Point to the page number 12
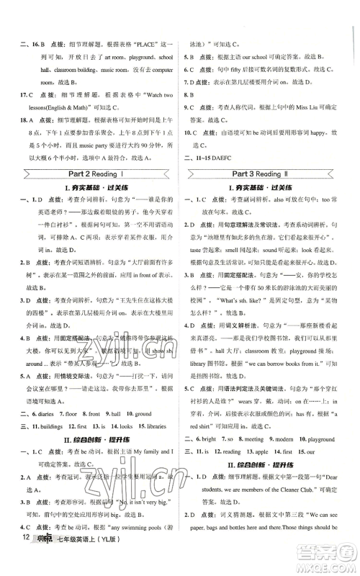click(x=22, y=557)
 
